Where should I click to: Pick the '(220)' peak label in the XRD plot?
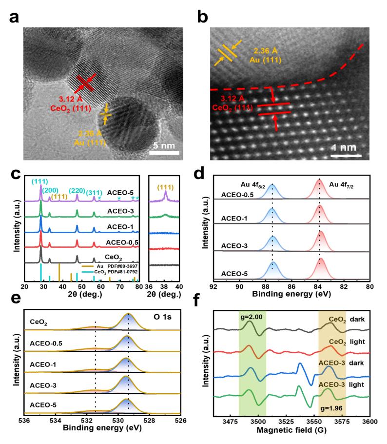[78, 190]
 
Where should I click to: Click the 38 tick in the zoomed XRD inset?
[165, 287]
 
